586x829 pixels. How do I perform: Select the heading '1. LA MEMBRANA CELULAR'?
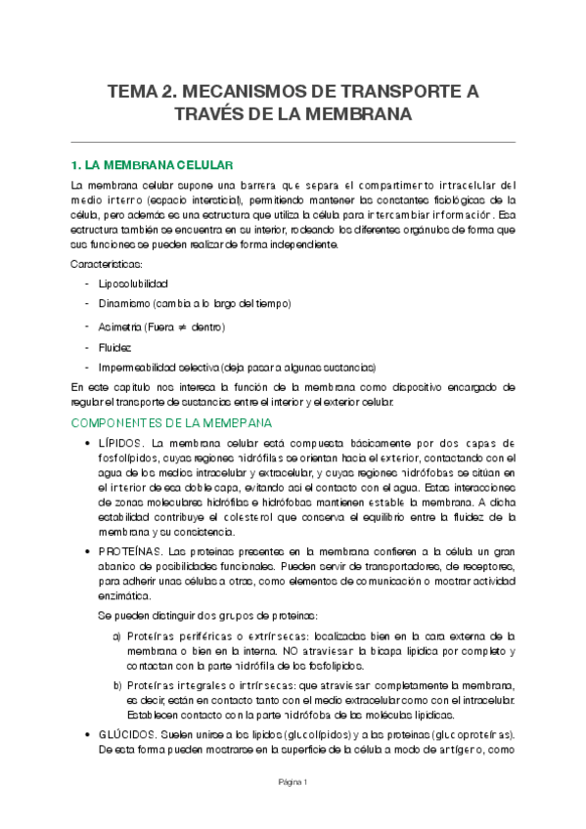pos(151,164)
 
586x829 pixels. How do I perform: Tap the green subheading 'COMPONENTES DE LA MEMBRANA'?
pos(171,422)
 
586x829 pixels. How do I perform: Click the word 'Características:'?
pos(107,264)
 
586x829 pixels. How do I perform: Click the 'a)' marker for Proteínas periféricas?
pos(117,635)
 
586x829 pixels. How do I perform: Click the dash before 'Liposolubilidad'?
pos(89,284)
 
